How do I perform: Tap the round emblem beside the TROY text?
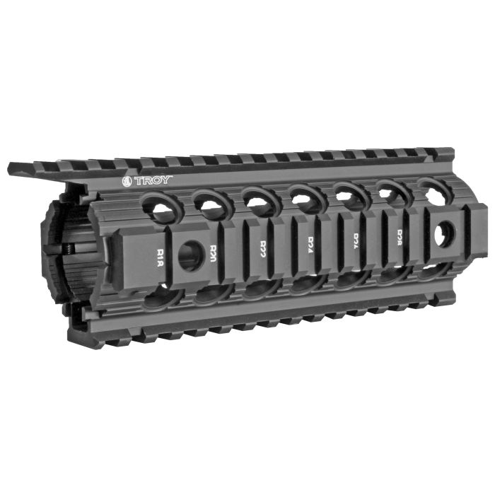click(x=128, y=181)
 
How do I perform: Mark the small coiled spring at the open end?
click(x=68, y=249)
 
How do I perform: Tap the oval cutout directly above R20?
click(x=209, y=203)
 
